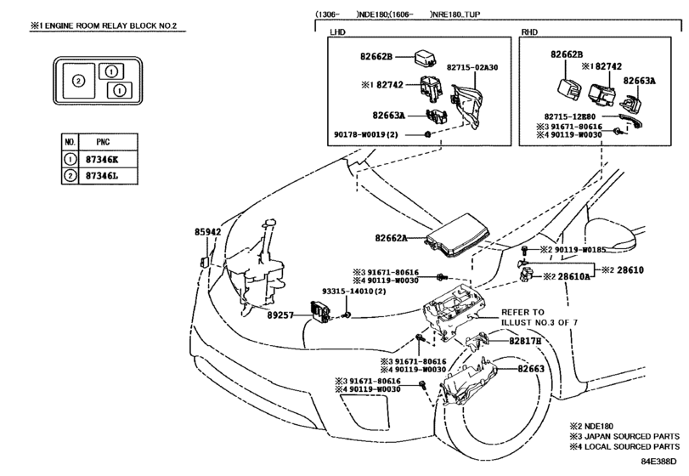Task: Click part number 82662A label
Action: [391, 238]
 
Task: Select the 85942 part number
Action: [208, 232]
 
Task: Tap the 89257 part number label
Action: [280, 314]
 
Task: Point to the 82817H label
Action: [525, 341]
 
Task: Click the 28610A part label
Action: [573, 277]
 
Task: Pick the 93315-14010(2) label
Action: [353, 291]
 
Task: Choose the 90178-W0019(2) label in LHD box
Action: [366, 134]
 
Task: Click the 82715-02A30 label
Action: [472, 67]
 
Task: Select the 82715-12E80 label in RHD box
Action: [570, 116]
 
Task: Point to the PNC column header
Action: [104, 142]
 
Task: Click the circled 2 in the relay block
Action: [79, 81]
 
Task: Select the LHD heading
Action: [337, 32]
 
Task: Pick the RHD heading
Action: [529, 32]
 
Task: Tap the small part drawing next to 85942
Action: [205, 262]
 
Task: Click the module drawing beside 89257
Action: [320, 313]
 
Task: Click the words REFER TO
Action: [522, 312]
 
